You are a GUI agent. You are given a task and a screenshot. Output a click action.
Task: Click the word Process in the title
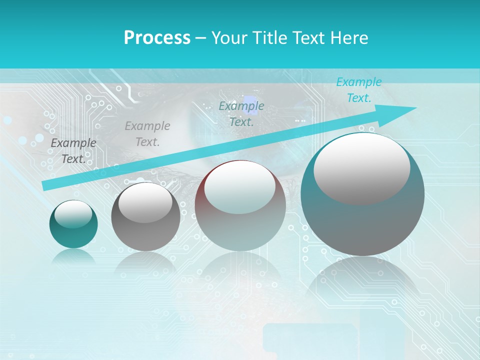157,37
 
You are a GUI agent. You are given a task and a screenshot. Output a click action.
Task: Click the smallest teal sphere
73,224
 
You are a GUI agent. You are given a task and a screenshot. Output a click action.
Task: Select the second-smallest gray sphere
145,217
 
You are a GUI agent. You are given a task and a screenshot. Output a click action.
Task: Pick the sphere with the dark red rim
240,205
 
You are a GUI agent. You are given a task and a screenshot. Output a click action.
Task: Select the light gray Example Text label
147,134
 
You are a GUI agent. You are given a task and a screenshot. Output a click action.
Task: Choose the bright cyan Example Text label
358,90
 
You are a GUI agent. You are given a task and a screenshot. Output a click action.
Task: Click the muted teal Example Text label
241,113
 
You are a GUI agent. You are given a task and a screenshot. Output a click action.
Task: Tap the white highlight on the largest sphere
361,167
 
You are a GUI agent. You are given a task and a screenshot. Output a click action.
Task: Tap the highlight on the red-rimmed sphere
239,186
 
